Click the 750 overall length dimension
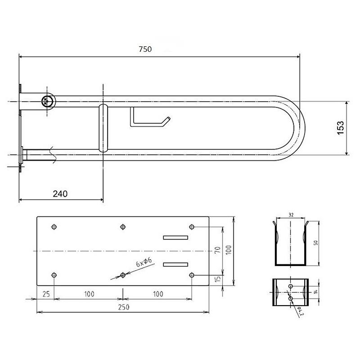click(x=145, y=49)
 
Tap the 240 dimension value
click(x=60, y=194)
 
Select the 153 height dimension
click(x=341, y=128)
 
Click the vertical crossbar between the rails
click(x=103, y=128)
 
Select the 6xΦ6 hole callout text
click(x=144, y=262)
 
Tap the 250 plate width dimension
click(x=123, y=307)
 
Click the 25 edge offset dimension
click(x=46, y=294)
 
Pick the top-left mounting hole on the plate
click(x=54, y=227)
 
